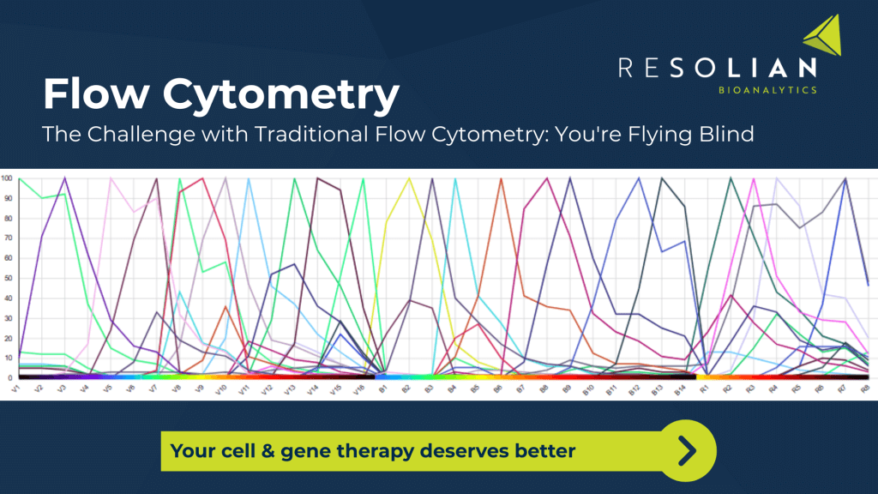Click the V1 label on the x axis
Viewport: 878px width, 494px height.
(x=15, y=389)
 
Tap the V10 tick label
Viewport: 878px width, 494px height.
(x=220, y=390)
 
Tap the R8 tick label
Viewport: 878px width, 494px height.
(x=865, y=389)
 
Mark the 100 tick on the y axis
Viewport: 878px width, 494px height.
(x=7, y=178)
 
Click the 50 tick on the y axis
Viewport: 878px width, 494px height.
(x=8, y=279)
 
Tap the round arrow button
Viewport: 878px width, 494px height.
(x=686, y=449)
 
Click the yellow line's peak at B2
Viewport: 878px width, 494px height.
(x=410, y=179)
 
